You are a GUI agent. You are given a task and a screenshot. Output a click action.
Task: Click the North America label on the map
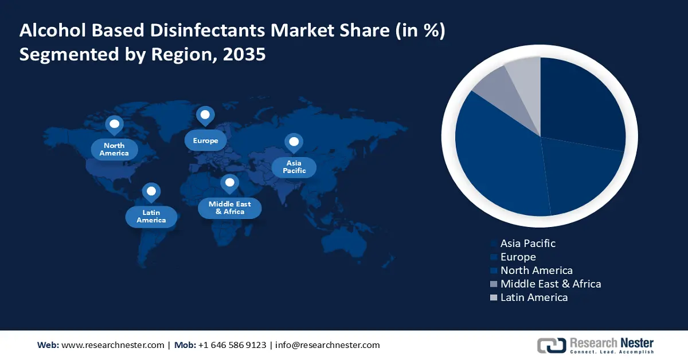(114, 149)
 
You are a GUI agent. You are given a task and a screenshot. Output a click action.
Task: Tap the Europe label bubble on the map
(205, 140)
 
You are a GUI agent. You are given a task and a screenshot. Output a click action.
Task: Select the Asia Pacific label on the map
(294, 167)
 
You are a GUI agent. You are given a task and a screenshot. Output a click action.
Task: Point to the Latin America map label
(151, 216)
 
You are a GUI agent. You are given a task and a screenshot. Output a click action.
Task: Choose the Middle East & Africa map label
(229, 208)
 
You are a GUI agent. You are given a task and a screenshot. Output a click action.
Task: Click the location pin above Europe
(205, 115)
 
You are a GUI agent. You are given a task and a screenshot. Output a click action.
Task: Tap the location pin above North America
(114, 124)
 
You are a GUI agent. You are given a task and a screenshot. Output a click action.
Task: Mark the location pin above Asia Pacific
(294, 142)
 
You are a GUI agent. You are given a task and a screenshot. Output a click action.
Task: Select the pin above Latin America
(151, 191)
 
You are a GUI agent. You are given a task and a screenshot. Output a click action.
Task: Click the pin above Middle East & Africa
(230, 183)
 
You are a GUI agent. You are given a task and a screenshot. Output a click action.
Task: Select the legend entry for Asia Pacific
(527, 243)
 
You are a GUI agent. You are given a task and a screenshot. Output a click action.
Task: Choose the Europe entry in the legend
(518, 257)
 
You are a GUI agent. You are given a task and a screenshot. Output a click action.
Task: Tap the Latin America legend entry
(534, 297)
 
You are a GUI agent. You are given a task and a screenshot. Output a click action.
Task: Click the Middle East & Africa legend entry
(550, 284)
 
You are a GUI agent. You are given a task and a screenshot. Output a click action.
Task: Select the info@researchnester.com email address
(327, 345)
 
